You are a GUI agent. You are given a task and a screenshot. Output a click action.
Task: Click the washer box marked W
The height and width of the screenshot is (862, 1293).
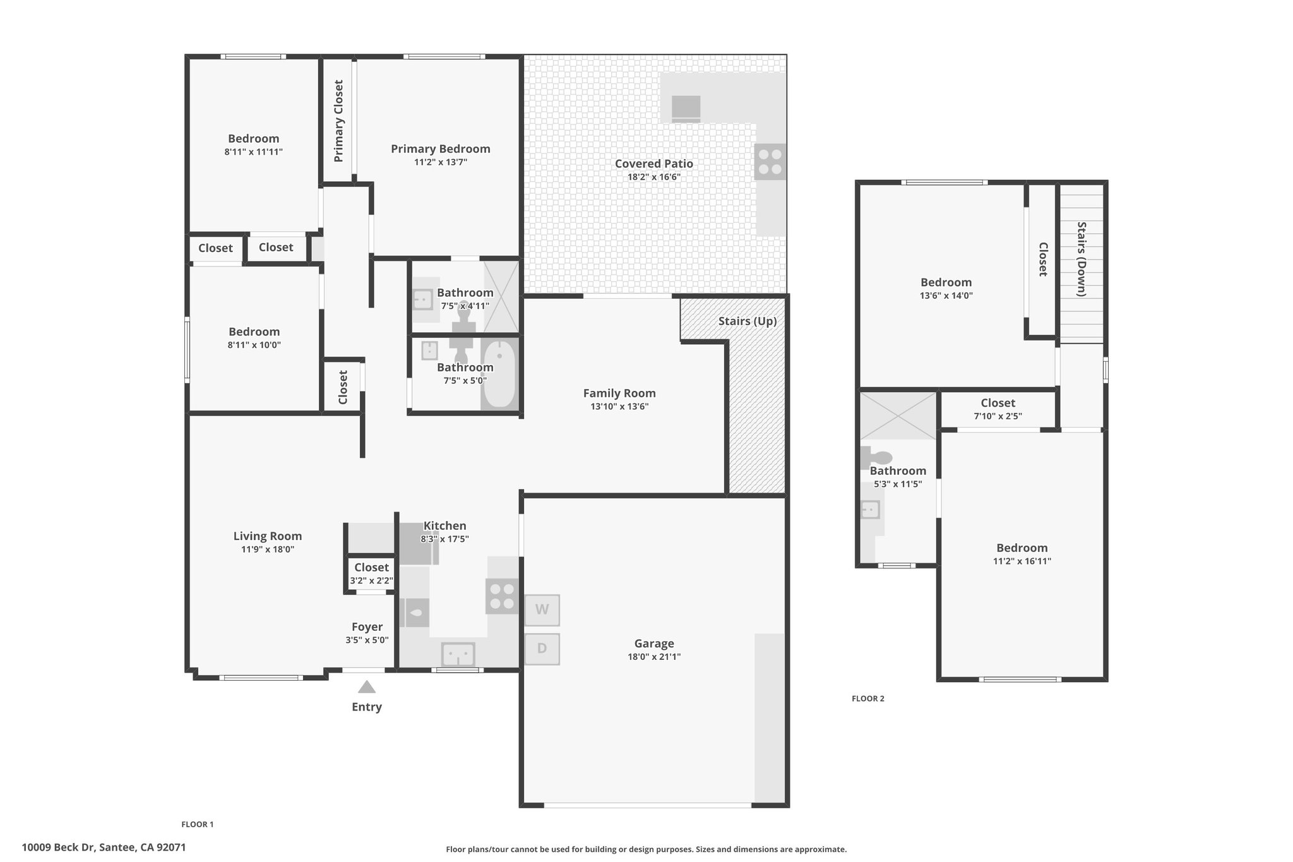[542, 610]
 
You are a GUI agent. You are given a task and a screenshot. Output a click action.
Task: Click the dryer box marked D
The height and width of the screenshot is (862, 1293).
[542, 649]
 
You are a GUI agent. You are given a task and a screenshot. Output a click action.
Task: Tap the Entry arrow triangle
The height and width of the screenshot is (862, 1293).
[367, 687]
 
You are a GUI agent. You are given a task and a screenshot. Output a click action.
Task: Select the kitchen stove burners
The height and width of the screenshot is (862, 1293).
[502, 596]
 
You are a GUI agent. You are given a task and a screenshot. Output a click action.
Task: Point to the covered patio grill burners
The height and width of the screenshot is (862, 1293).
[770, 162]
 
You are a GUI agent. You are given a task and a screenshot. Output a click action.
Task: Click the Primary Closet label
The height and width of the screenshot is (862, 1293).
[338, 121]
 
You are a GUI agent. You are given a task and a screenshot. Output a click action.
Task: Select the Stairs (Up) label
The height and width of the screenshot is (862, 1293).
[748, 321]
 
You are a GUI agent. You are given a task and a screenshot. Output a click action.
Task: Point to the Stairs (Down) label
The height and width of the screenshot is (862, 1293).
[1081, 259]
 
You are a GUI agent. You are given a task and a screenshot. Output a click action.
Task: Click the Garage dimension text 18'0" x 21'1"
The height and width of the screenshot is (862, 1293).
[654, 657]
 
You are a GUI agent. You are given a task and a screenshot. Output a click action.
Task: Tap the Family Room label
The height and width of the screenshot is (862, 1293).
[619, 393]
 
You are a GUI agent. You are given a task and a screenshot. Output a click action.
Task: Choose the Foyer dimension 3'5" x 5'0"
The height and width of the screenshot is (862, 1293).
[367, 640]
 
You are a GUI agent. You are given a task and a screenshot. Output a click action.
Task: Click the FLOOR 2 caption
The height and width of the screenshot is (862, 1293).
[868, 698]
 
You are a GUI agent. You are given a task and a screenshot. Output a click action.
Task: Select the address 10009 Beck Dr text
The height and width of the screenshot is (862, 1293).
[58, 847]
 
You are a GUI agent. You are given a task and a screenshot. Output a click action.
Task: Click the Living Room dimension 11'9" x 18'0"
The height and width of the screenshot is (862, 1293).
[268, 549]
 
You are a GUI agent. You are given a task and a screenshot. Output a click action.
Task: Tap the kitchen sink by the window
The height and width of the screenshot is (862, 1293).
[458, 654]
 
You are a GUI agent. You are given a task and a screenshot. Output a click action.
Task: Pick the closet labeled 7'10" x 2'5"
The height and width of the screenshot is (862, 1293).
[998, 409]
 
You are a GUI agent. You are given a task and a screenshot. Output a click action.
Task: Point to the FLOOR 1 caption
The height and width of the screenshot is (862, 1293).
[198, 824]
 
